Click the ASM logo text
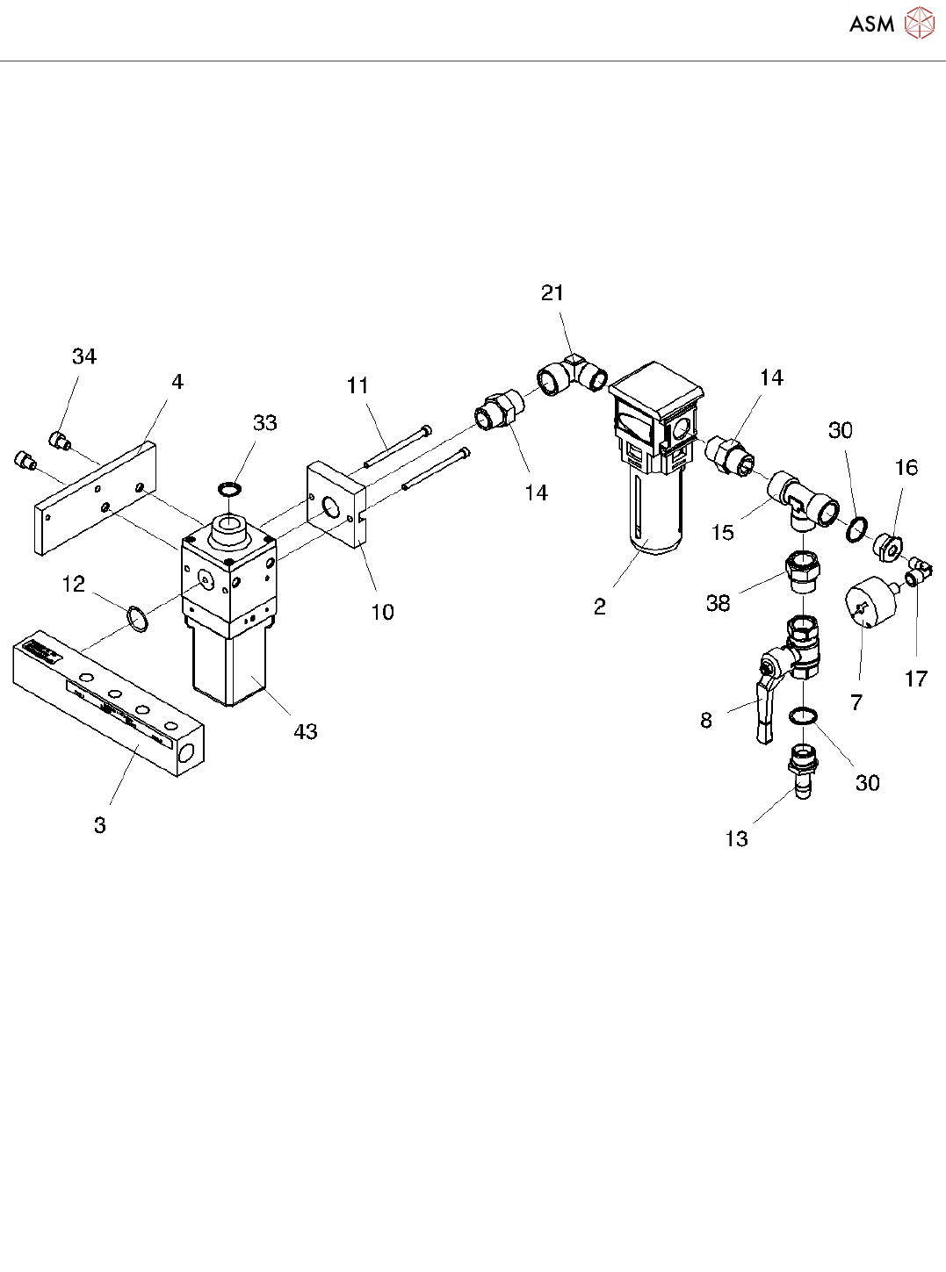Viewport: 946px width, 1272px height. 871,25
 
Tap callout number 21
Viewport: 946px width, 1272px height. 552,293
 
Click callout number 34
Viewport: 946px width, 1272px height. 84,356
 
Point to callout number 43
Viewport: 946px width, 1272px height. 306,732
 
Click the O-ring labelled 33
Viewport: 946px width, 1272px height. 229,488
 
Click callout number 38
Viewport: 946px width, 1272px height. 719,603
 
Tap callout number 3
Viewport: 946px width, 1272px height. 100,825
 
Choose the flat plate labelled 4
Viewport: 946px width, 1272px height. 95,498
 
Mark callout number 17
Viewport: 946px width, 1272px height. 915,679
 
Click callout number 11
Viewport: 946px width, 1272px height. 357,385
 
